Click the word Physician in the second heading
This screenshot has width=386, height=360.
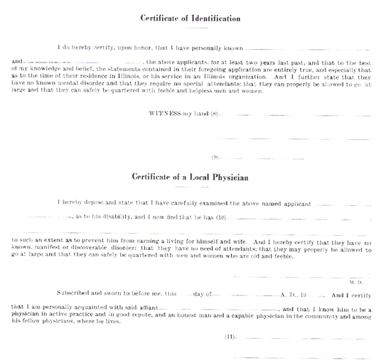(x=230, y=178)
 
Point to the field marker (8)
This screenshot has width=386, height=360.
(x=214, y=114)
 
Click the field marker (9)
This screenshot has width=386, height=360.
(x=215, y=158)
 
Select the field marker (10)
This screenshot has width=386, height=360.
(x=221, y=217)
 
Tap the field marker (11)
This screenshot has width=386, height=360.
(x=230, y=337)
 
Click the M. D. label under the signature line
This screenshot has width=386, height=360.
(x=356, y=283)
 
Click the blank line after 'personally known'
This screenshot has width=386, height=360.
(x=306, y=50)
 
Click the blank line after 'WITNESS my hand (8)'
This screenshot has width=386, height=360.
(x=295, y=115)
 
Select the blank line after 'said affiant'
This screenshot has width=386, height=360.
(x=218, y=309)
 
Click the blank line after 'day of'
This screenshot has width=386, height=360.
(x=246, y=295)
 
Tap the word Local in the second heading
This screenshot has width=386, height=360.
(x=198, y=177)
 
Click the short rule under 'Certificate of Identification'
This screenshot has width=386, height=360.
(x=191, y=28)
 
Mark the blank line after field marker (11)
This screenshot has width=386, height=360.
(x=304, y=338)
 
